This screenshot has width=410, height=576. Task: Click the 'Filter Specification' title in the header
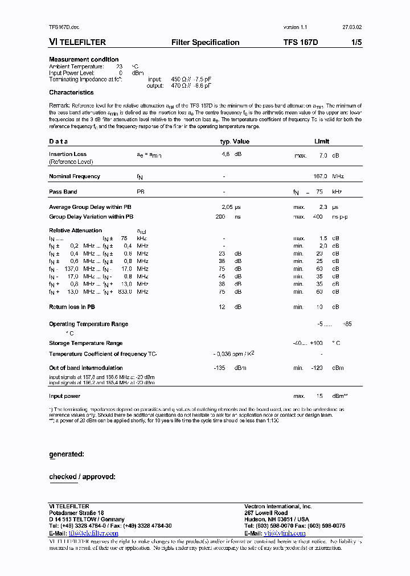point(205,42)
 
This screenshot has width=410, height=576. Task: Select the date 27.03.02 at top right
point(351,27)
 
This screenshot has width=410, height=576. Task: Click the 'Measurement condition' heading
point(84,59)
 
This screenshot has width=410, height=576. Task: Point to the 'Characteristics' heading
point(71,92)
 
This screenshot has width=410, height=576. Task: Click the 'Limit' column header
point(322,141)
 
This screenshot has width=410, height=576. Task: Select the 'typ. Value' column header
point(235,141)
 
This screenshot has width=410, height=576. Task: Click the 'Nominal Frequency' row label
point(75,176)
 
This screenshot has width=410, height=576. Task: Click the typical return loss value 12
point(223,307)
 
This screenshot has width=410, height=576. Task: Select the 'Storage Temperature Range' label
point(86,343)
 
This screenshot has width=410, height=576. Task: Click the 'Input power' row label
point(64,396)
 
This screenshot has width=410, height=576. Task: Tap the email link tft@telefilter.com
point(93,533)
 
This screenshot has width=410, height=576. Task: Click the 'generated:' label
point(67,454)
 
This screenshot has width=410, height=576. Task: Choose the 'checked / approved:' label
point(82,476)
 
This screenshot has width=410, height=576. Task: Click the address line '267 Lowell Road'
point(266,513)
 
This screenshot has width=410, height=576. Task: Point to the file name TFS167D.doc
point(63,27)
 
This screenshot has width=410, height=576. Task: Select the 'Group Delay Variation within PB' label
point(91,217)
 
